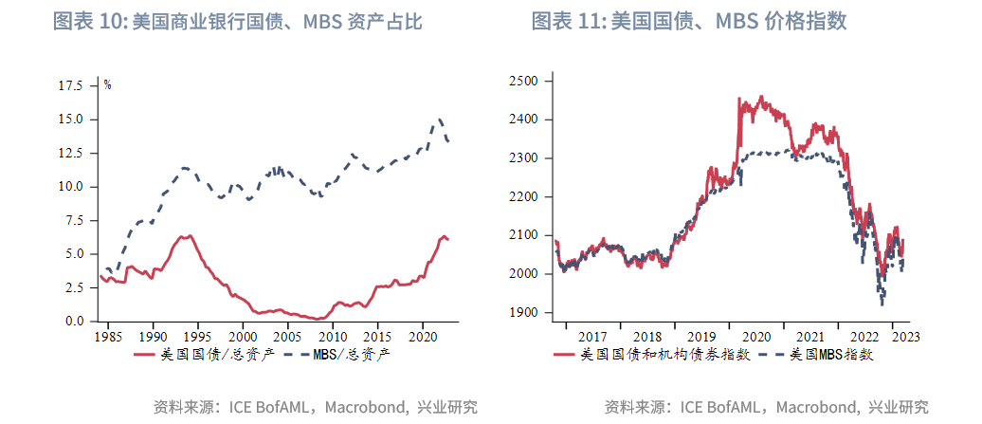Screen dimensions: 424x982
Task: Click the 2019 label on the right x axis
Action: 701,336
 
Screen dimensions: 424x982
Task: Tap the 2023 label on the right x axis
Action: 904,336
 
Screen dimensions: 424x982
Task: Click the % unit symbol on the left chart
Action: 108,85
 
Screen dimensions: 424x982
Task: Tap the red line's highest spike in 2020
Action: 739,97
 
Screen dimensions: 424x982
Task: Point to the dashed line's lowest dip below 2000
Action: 882,304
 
